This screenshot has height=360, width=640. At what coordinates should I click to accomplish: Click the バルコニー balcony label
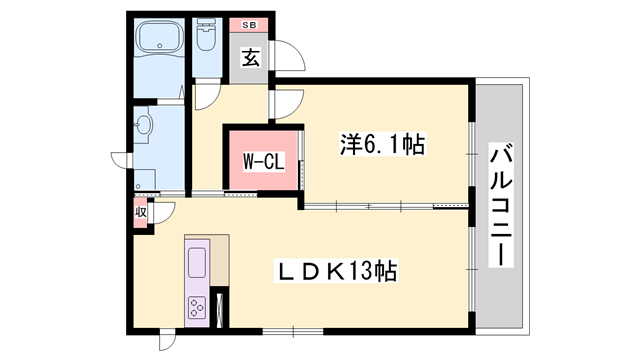[502, 206]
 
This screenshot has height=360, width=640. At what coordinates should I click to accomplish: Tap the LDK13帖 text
[340, 271]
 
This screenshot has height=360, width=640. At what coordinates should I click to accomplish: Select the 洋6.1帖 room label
[383, 145]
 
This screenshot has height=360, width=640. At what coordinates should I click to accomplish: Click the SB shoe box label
[248, 25]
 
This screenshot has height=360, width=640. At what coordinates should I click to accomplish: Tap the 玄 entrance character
[250, 57]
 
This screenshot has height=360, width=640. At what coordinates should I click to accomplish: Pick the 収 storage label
[141, 213]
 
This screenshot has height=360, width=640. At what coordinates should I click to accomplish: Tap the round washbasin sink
[146, 125]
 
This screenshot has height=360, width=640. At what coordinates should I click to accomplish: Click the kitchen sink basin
[196, 263]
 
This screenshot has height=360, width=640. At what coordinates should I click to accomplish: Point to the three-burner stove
[196, 308]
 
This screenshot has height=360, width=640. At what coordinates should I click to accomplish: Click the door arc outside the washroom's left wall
[121, 161]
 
